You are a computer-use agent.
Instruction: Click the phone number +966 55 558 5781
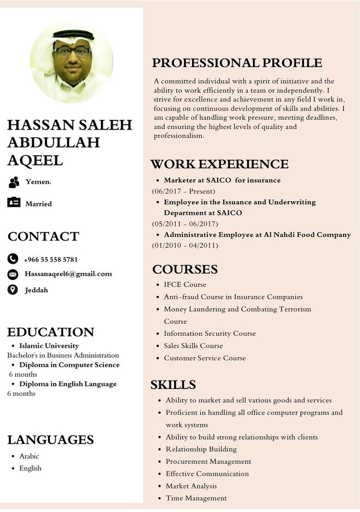click(x=51, y=260)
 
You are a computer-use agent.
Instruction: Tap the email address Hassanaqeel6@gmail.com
click(x=68, y=274)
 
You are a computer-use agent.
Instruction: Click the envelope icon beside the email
click(x=13, y=274)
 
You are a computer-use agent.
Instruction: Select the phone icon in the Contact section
click(x=13, y=259)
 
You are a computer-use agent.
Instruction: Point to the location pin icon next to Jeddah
click(x=13, y=290)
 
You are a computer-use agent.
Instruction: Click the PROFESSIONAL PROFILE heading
click(x=237, y=63)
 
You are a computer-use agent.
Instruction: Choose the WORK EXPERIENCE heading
click(x=219, y=164)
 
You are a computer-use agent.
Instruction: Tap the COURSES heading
click(x=185, y=269)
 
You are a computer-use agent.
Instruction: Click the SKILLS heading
click(x=173, y=385)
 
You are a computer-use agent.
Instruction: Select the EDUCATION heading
click(x=51, y=332)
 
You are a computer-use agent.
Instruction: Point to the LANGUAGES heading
click(x=50, y=440)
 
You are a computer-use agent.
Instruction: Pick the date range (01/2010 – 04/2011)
click(x=185, y=245)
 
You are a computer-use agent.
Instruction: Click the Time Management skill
click(x=196, y=498)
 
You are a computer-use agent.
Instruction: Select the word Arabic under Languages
click(x=29, y=456)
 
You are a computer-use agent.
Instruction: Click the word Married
click(x=38, y=204)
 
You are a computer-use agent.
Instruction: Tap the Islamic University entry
click(x=49, y=346)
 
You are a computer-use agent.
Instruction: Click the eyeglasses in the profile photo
click(x=72, y=51)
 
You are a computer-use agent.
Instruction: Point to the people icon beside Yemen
click(x=14, y=182)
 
